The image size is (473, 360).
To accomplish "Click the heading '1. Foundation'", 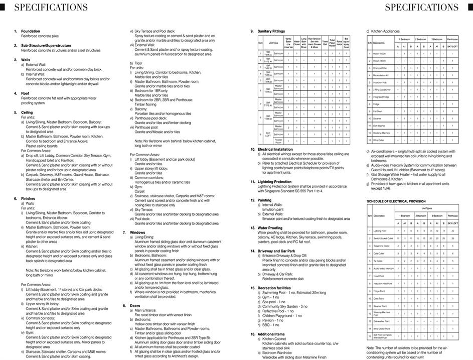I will pyautogui.click(x=30, y=31).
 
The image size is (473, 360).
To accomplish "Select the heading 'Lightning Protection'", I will pyautogui.click(x=274, y=181).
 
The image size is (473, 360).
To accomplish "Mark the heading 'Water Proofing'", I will pyautogui.click(x=270, y=227).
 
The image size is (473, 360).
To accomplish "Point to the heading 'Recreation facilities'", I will pyautogui.click(x=274, y=288).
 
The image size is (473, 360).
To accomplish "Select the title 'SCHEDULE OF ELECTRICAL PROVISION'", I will pyautogui.click(x=396, y=201).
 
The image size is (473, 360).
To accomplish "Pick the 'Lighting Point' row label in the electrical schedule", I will pyautogui.click(x=381, y=231).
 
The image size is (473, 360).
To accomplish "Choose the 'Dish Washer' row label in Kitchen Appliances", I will pyautogui.click(x=380, y=126).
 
